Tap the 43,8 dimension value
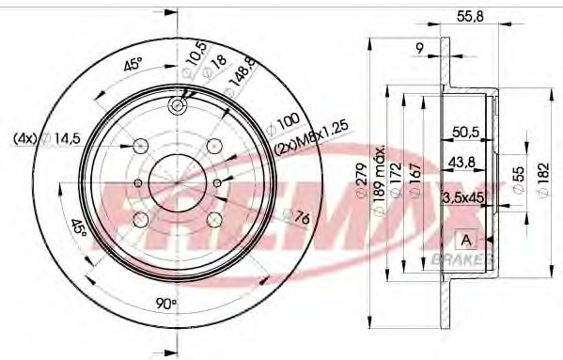pos(461,164)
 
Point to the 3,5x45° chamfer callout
pos(462,197)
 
